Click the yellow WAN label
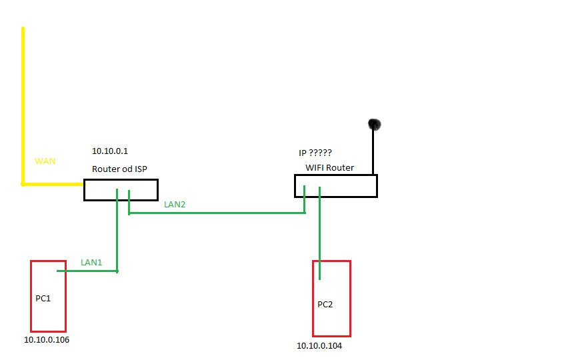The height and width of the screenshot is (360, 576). (45, 162)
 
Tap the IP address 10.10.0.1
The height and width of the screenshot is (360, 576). (110, 152)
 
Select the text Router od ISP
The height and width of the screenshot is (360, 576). (119, 169)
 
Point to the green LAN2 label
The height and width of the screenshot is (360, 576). (174, 205)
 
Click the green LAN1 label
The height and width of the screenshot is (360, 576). (91, 263)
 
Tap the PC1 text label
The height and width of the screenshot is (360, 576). (43, 299)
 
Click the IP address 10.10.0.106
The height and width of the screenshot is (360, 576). (47, 340)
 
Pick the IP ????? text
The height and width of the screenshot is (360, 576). (315, 152)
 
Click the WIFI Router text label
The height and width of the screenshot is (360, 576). (329, 167)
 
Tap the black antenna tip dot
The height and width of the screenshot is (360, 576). (374, 124)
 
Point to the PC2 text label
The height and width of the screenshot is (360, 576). (325, 305)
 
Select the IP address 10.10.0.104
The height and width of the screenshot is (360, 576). (319, 346)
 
